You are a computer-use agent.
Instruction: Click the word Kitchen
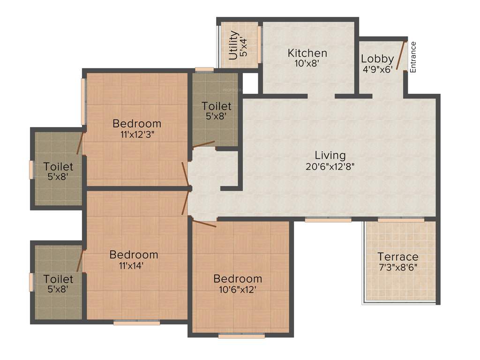tap(307, 52)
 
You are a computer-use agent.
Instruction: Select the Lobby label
tap(377, 59)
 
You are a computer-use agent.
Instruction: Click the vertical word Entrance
tap(413, 57)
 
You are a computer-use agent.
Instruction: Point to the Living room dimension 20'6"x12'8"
tap(330, 165)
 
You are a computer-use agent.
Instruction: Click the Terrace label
tap(398, 256)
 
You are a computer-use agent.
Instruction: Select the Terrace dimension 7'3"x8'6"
tap(398, 267)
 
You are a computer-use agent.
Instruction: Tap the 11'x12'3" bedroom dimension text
tap(136, 134)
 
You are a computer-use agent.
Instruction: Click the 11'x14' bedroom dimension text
tap(134, 265)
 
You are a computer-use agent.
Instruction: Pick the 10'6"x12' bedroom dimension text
tap(238, 289)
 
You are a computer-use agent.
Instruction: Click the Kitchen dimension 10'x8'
tap(307, 63)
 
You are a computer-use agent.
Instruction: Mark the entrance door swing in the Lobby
tap(400, 55)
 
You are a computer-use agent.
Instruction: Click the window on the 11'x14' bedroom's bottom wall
tap(137, 322)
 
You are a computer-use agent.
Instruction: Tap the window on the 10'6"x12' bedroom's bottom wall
tap(241, 336)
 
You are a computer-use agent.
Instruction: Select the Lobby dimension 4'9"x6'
tap(377, 69)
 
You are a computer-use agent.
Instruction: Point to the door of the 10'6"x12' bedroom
tap(204, 224)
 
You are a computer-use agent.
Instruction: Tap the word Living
tap(330, 155)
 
